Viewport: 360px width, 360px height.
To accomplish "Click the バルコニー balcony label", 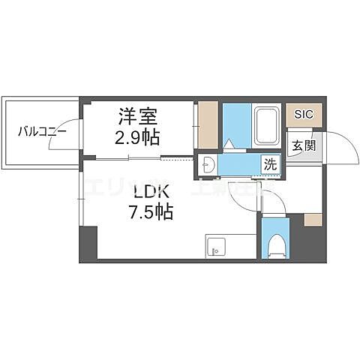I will click(43, 132).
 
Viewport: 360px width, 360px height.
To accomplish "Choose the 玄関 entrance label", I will click(303, 145).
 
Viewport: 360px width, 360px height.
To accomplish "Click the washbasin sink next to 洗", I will click(208, 166).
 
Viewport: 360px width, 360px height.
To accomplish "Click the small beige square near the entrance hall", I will click(313, 220).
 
